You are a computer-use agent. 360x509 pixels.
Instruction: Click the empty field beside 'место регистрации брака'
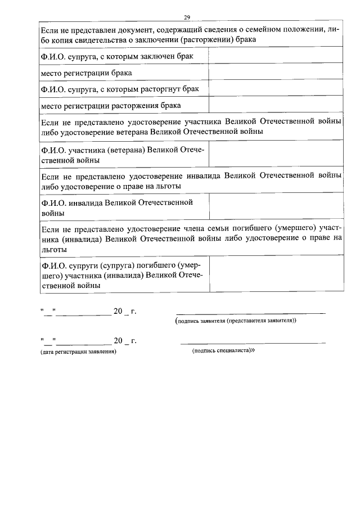(x=275, y=73)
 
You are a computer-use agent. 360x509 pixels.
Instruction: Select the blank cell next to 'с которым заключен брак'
(x=275, y=56)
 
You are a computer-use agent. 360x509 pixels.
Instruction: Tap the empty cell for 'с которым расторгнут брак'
(x=275, y=89)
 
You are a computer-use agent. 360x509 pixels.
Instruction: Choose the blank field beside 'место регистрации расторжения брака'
(x=275, y=105)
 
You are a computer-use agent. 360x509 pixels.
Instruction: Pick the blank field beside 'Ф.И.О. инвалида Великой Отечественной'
(x=275, y=207)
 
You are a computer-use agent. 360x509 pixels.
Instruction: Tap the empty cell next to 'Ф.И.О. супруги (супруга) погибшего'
(x=275, y=275)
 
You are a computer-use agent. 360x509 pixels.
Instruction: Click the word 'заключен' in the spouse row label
(x=160, y=56)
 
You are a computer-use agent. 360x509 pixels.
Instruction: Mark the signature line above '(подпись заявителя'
(x=250, y=312)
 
